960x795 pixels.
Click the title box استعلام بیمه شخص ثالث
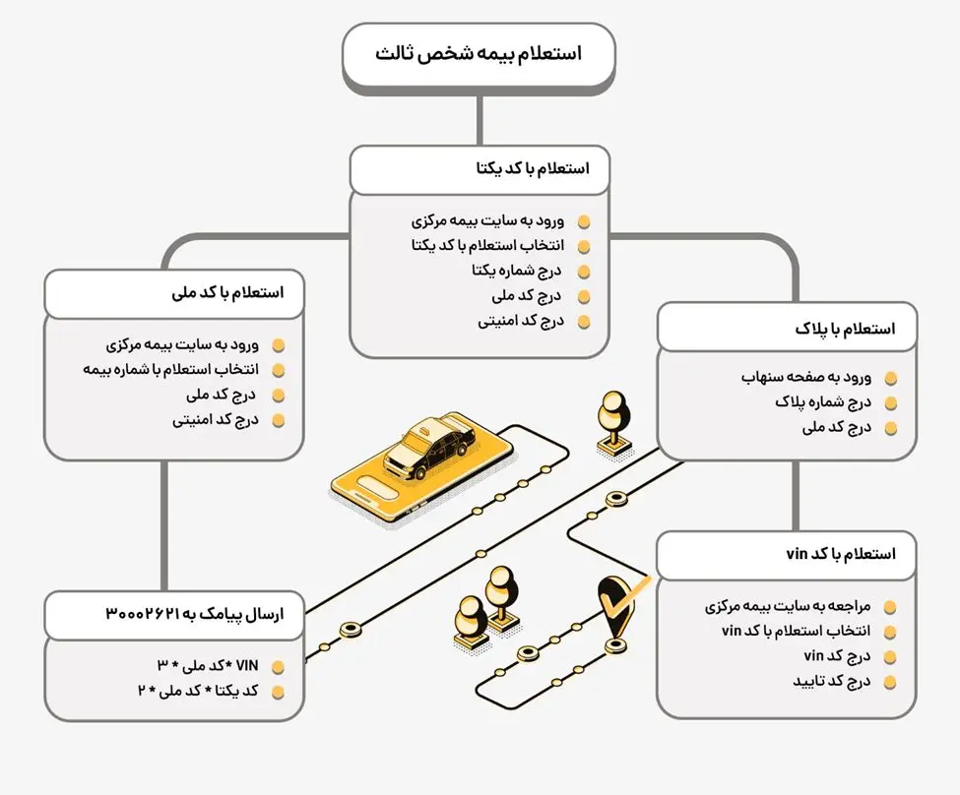coord(479,54)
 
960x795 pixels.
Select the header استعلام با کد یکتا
coord(479,169)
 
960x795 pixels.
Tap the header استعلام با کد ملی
coord(173,293)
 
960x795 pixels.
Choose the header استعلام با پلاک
coord(788,329)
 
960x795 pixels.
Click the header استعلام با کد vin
coord(788,554)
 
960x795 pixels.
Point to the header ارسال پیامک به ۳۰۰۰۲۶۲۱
coord(173,614)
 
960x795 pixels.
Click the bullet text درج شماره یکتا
coord(517,271)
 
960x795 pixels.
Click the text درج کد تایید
coord(831,681)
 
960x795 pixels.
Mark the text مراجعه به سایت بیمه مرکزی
coord(788,606)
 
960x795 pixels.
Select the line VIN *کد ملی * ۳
coord(211,666)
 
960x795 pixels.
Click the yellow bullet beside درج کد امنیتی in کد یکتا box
coord(584,322)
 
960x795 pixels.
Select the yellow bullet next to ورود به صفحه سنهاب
coord(891,378)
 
